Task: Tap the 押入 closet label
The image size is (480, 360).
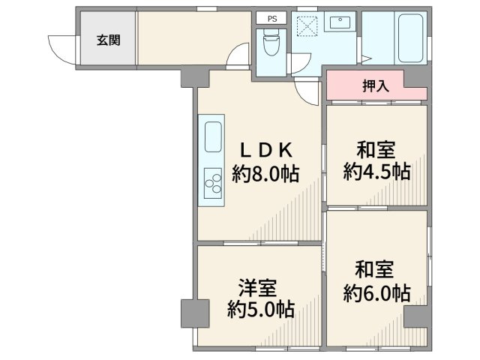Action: (x=376, y=85)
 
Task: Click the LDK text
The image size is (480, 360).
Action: (x=265, y=148)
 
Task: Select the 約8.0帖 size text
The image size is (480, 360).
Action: (x=265, y=175)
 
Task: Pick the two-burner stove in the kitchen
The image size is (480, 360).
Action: (x=212, y=182)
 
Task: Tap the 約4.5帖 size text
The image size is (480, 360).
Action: (x=376, y=172)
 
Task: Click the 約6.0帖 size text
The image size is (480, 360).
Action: (x=376, y=292)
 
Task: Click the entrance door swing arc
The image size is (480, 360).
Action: (x=58, y=49)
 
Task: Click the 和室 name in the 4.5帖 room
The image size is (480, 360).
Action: (x=376, y=149)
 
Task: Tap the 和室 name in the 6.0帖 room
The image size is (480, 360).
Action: (x=376, y=268)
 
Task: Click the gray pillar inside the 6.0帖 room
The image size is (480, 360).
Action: (x=415, y=316)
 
